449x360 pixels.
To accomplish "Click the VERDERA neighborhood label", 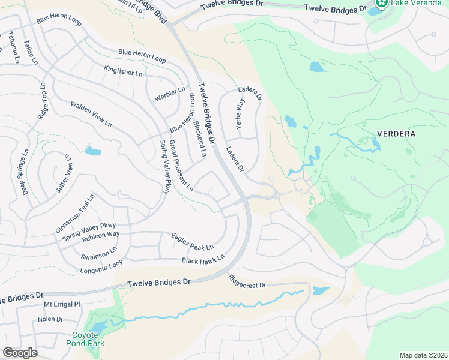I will [396, 134].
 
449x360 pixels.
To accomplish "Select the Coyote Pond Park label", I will [89, 339].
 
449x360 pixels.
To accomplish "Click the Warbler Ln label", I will [166, 94].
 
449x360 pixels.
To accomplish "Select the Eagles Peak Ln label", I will [192, 242].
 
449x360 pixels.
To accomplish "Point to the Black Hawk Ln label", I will [203, 259].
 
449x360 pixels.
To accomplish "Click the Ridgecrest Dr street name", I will [247, 281].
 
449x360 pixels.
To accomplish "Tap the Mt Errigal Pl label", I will [62, 304].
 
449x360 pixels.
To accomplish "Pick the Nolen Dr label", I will [50, 319].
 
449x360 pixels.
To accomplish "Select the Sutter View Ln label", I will [63, 174].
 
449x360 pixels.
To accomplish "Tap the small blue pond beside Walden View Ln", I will [93, 151].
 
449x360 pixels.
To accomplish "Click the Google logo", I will [20, 353].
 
